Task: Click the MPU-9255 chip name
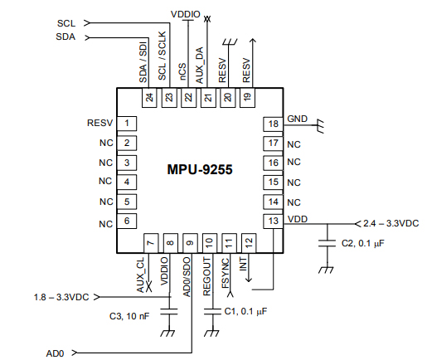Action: [199, 169]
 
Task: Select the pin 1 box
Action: [127, 124]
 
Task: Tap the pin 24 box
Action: [149, 98]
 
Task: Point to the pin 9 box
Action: [190, 244]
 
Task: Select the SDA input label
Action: [66, 36]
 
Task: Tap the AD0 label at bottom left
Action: [56, 353]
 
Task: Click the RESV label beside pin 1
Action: [99, 124]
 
